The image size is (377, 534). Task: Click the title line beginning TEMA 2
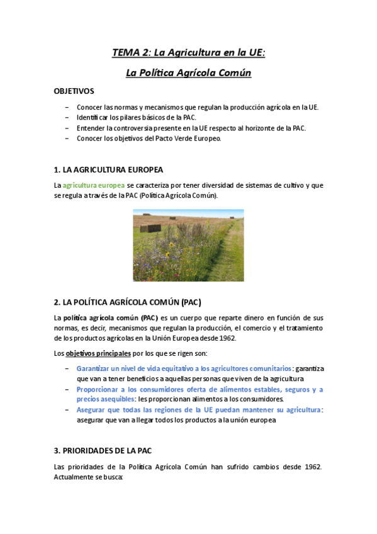pos(188,53)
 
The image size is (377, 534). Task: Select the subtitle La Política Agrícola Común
pos(188,73)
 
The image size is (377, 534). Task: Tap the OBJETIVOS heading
pos(74,91)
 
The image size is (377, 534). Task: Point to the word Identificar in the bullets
pos(93,118)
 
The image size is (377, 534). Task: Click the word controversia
pos(135,128)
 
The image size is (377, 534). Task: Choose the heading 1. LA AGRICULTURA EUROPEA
pos(108,170)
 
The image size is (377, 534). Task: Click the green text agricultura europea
pos(93,185)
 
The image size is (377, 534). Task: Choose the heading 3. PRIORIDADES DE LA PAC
pos(103,451)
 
